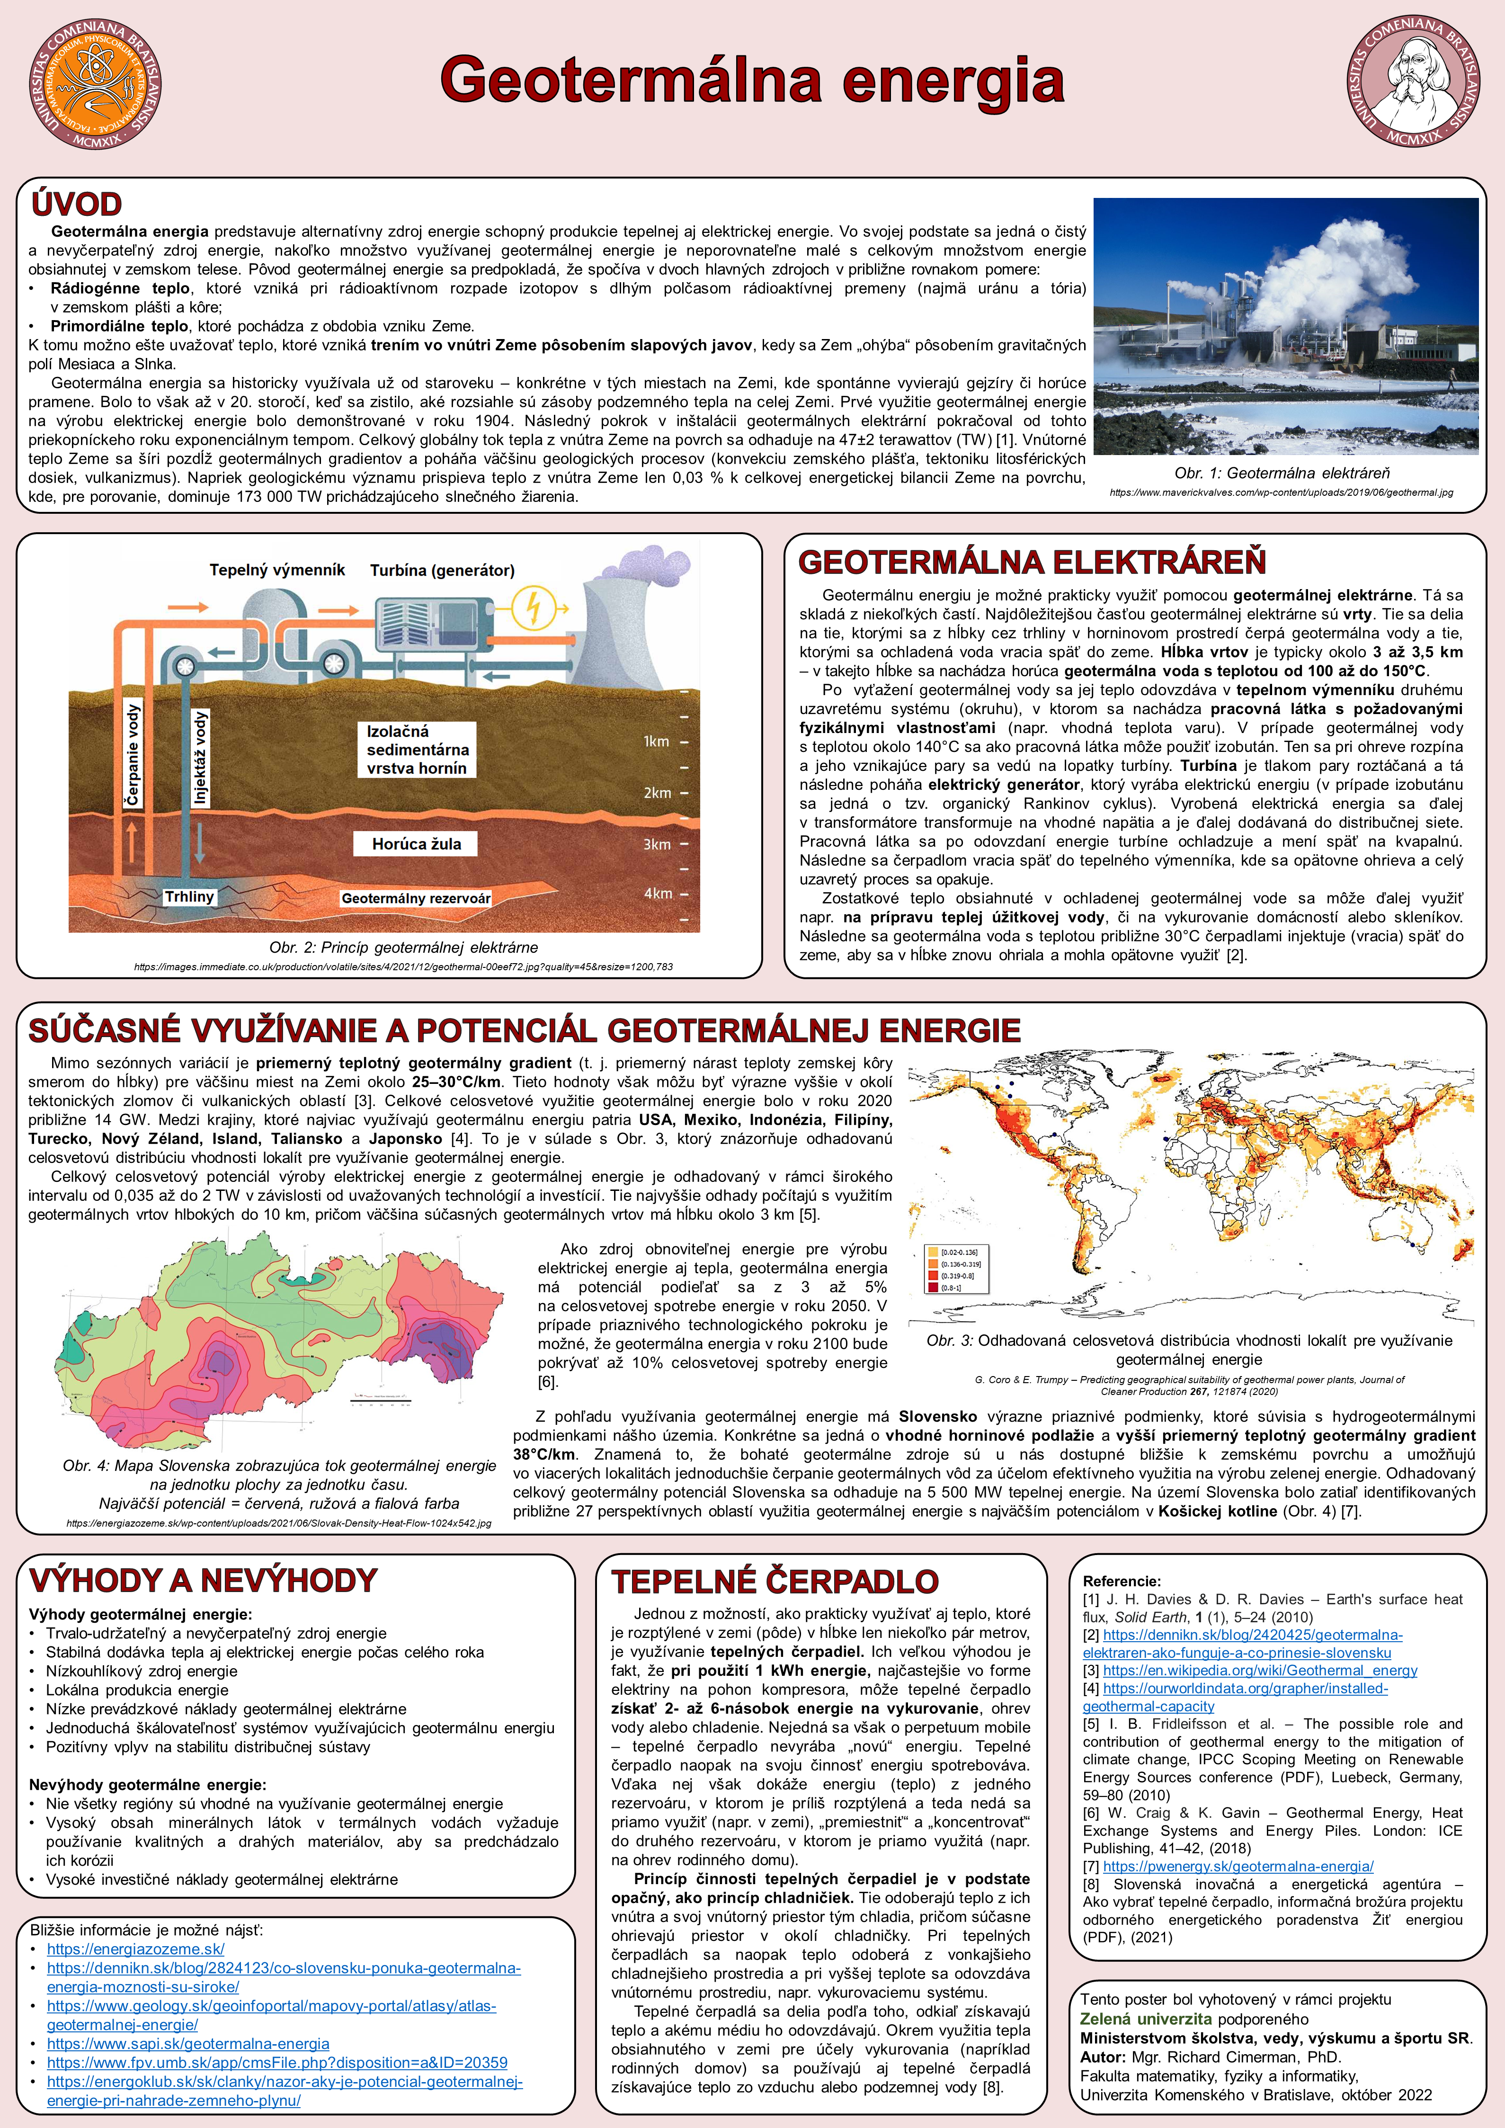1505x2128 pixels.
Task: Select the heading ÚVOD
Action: point(76,204)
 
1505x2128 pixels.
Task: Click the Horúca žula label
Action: point(416,843)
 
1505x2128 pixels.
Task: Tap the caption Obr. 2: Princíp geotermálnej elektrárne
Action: point(403,947)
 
